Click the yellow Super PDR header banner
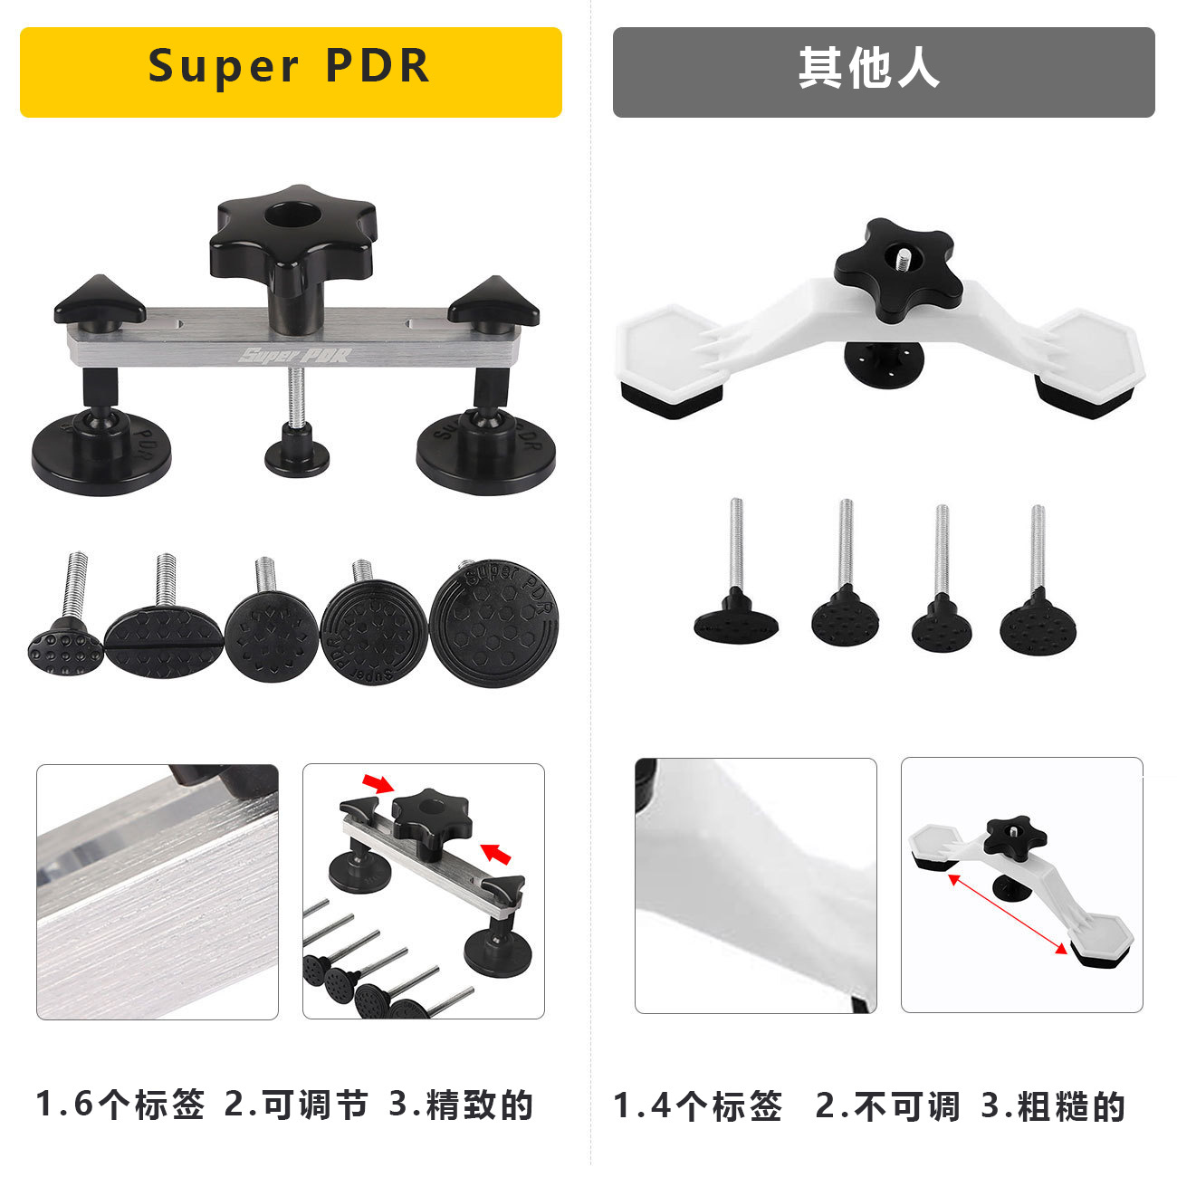coord(291,72)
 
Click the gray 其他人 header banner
coord(883,72)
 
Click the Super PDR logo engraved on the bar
coord(294,354)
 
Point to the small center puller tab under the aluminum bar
coord(296,453)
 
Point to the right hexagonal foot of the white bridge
coord(1086,362)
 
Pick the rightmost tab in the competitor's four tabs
coord(1038,624)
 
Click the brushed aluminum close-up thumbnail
coord(158,892)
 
